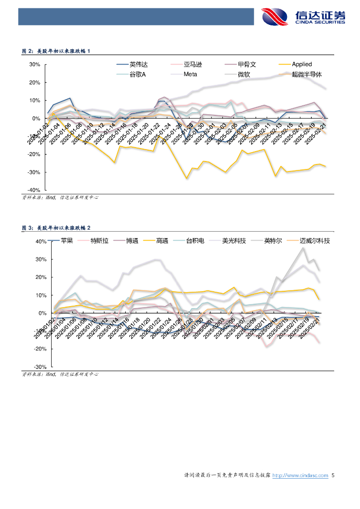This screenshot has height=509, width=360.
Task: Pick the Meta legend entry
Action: tap(190, 74)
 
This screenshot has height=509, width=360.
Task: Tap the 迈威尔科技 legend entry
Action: tap(315, 241)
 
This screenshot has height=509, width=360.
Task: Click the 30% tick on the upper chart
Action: tap(34, 65)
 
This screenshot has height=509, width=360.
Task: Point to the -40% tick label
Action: tap(33, 190)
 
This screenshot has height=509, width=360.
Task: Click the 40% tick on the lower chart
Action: tap(40, 242)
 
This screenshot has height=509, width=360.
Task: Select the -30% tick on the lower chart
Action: tap(39, 366)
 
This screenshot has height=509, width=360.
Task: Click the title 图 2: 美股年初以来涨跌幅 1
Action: tap(56, 51)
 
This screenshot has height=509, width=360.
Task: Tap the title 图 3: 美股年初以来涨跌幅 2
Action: tap(56, 228)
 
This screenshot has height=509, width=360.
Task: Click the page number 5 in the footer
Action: tap(333, 476)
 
